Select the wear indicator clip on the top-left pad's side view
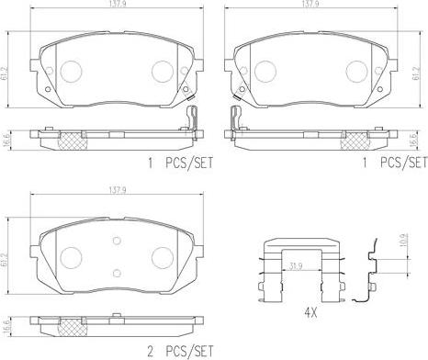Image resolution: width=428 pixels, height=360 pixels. [192, 119]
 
